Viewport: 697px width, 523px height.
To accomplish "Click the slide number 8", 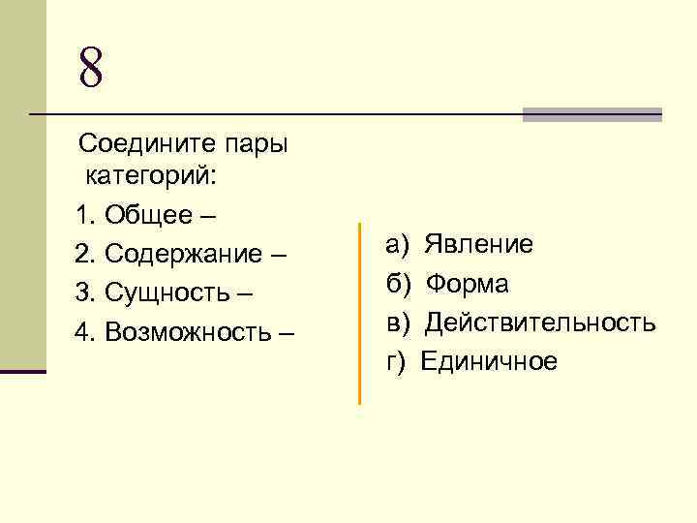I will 90,67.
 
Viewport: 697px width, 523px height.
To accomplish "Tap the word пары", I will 257,144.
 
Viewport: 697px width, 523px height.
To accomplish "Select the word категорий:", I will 152,176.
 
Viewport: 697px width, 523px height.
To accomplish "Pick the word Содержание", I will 183,254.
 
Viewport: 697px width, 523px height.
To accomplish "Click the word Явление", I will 479,244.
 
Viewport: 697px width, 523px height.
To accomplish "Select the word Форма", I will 468,284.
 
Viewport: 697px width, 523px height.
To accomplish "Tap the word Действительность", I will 540,322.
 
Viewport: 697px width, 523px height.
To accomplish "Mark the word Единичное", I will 490,362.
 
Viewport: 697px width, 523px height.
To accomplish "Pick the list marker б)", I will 399,284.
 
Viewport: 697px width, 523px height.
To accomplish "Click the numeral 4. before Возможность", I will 84,333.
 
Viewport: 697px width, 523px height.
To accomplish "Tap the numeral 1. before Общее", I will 84,214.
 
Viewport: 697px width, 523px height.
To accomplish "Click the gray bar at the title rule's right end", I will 591,114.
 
